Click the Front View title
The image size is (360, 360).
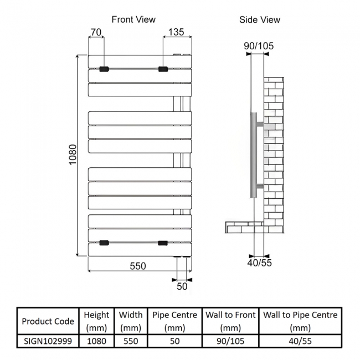coord(133,19)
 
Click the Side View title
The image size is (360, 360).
coord(260,20)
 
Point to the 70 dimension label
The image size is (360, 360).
coord(96,32)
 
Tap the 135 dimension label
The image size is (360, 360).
coord(176,32)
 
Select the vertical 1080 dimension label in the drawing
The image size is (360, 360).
coord(73,155)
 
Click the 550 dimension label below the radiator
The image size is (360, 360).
coord(138,266)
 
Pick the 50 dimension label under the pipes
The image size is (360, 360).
coord(182,286)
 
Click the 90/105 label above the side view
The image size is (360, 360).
coord(259,46)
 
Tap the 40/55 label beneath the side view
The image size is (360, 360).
coord(259,263)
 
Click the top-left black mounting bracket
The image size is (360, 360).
coord(104,69)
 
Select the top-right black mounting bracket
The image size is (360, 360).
coord(163,69)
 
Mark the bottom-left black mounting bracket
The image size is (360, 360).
coord(104,243)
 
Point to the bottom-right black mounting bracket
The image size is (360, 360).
coord(163,243)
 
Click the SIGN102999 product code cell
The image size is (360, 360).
coord(48,341)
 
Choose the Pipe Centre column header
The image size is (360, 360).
coord(174,321)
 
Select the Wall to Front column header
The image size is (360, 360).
coord(230,321)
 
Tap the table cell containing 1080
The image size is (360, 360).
coord(97,341)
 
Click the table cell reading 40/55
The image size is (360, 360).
coord(300,341)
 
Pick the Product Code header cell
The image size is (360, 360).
coord(48,321)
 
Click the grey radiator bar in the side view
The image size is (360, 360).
coord(254,155)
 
